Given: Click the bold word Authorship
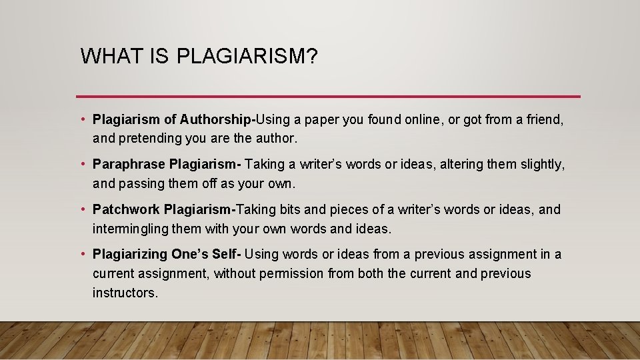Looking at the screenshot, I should coord(216,120).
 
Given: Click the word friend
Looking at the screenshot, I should coord(545,120).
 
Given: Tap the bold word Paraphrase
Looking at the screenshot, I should coord(129,164).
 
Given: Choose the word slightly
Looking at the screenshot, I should coord(541,164).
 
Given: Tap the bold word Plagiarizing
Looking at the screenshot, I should coord(131,254).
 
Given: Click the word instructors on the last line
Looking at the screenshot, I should coord(125,293).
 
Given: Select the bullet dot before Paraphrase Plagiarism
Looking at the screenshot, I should coord(83,164).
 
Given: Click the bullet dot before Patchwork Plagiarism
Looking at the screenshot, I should coord(83,209).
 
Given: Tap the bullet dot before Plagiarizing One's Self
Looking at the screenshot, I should coord(83,254).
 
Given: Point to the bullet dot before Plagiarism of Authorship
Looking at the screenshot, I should coord(83,120).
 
